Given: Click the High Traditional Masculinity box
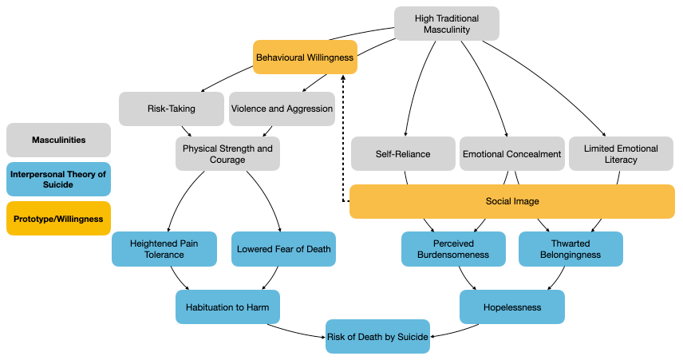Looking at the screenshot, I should (447, 23).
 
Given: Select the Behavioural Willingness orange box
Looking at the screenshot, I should (305, 57).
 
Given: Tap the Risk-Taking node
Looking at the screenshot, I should (171, 109).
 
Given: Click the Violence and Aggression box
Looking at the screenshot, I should (282, 109).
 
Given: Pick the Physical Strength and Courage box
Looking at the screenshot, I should (227, 153).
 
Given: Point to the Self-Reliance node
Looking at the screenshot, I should (403, 154).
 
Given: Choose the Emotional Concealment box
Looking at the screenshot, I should (511, 154).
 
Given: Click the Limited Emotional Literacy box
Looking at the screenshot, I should (621, 154).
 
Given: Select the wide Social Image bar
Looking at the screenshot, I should (511, 201).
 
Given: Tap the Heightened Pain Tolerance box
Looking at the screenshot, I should (164, 248).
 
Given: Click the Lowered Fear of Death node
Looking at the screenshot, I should (283, 248).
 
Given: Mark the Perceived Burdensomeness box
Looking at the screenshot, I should (453, 248).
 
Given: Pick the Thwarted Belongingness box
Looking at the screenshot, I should (570, 248).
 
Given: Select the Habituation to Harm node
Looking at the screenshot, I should (228, 307).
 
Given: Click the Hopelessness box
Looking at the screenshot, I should (512, 307).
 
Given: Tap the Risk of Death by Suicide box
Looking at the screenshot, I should (377, 336).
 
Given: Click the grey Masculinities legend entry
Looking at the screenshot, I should (58, 140).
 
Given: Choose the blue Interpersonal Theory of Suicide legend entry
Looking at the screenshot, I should (58, 180).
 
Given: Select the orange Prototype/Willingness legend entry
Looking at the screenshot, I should (58, 219).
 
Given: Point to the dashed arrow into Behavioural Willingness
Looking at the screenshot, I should (341, 136).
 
